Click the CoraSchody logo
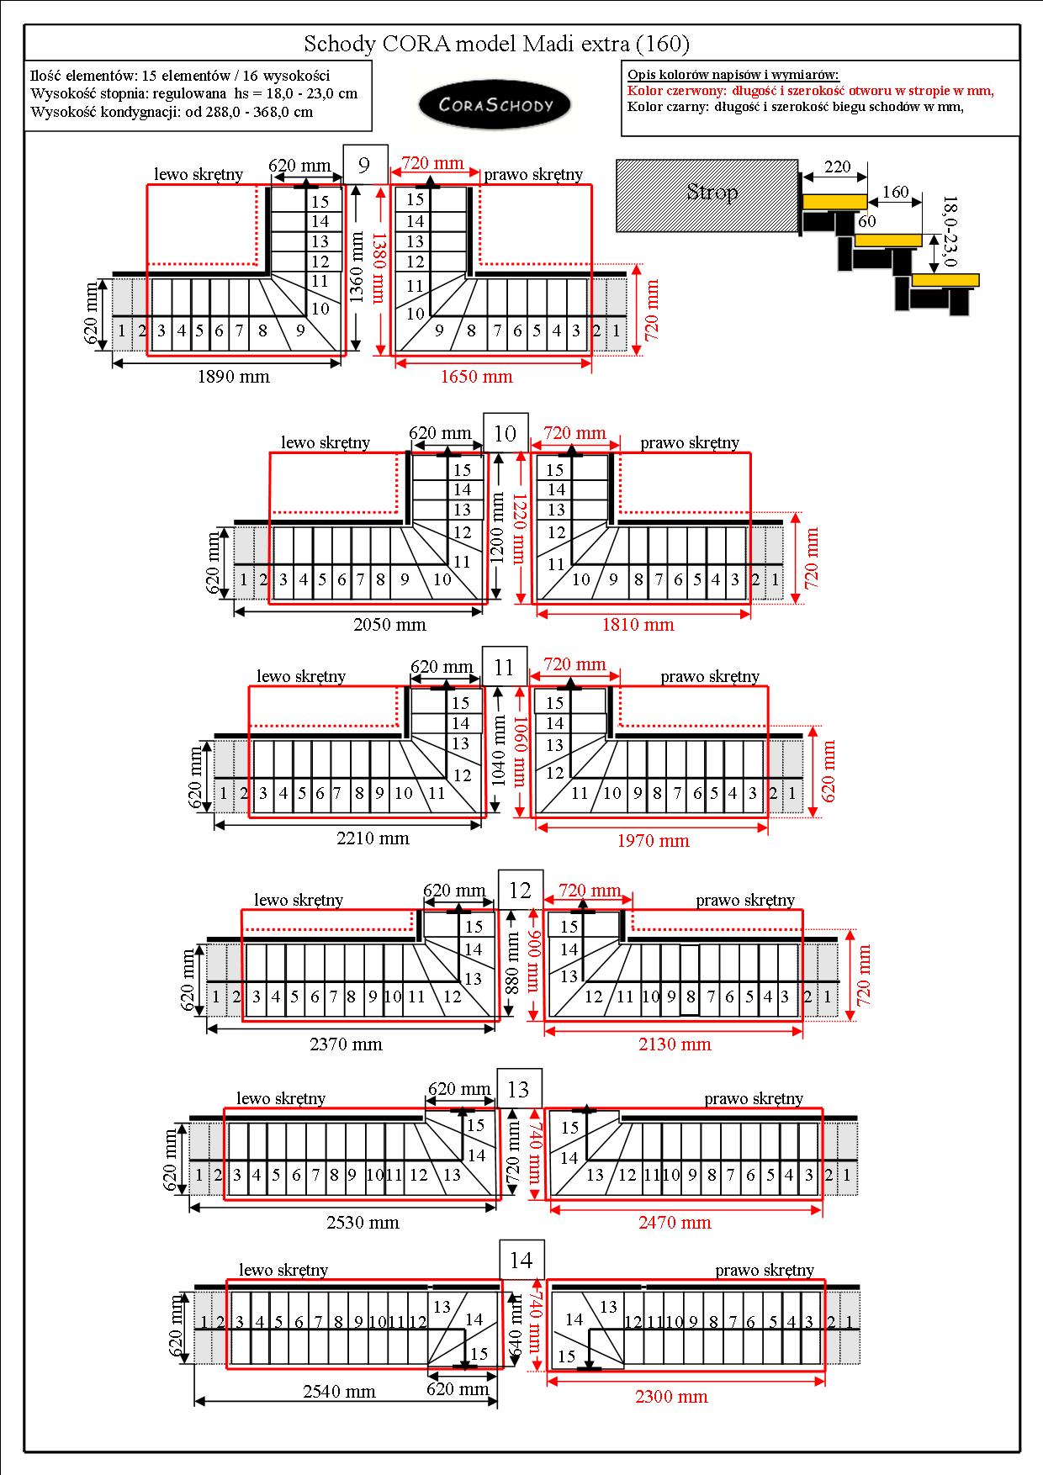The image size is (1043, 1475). click(495, 105)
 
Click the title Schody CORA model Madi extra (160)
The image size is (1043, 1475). click(496, 44)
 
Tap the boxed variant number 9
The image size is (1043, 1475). click(364, 164)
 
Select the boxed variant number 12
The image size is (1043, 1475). click(521, 890)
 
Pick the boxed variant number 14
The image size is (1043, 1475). click(521, 1260)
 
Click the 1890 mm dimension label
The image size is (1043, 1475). click(234, 377)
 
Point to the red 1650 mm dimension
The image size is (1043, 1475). click(477, 377)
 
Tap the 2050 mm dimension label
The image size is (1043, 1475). click(389, 625)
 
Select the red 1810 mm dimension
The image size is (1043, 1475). click(638, 625)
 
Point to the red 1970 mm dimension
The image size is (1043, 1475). click(653, 840)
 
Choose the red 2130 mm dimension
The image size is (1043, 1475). click(675, 1044)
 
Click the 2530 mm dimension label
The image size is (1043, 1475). click(363, 1223)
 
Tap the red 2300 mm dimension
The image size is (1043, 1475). click(671, 1397)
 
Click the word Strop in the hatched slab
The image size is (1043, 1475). click(712, 193)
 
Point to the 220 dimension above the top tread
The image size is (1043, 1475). click(838, 167)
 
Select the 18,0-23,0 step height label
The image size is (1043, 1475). click(950, 231)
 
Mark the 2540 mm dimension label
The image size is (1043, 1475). click(339, 1392)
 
